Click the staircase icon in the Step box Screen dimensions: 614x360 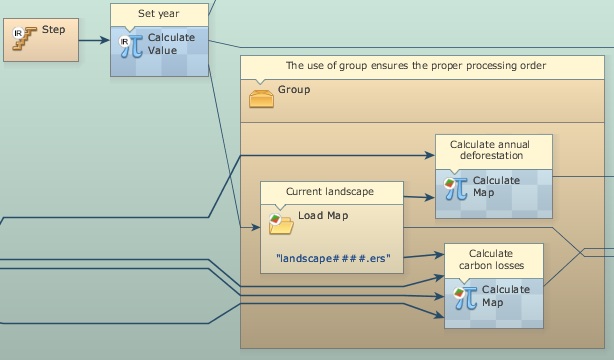pyautogui.click(x=24, y=38)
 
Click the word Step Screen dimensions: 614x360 pyautogui.click(x=54, y=30)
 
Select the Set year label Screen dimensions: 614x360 pyautogui.click(x=159, y=14)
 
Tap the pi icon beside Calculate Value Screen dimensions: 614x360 pyautogui.click(x=132, y=46)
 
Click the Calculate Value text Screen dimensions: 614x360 pyautogui.click(x=171, y=44)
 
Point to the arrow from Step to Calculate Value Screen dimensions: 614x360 pyautogui.click(x=94, y=40)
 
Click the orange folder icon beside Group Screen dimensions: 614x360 pyautogui.click(x=261, y=98)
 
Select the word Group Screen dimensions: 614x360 pyautogui.click(x=294, y=90)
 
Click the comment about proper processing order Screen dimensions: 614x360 pyautogui.click(x=416, y=65)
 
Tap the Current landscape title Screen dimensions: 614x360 pyautogui.click(x=330, y=192)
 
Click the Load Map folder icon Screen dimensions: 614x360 pyautogui.click(x=281, y=224)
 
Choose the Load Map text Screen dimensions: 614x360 pyautogui.click(x=323, y=215)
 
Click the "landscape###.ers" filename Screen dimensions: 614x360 pyautogui.click(x=333, y=259)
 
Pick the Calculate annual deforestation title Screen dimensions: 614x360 pyautogui.click(x=490, y=150)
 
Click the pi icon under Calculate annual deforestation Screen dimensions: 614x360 pyautogui.click(x=456, y=188)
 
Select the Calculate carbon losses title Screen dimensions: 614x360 pyautogui.click(x=491, y=259)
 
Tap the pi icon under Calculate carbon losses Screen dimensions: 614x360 pyautogui.click(x=465, y=298)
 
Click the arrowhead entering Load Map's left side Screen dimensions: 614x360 pyautogui.click(x=256, y=227)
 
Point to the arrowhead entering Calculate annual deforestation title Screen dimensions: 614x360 pyautogui.click(x=430, y=156)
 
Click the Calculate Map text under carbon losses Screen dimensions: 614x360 pyautogui.click(x=506, y=296)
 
